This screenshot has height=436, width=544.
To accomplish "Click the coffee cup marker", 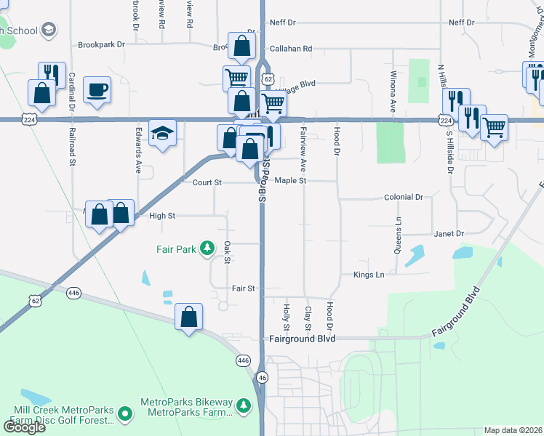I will [x=97, y=90].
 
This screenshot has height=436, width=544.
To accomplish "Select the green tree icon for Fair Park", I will [x=207, y=249].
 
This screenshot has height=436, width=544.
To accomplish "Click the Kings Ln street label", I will [x=369, y=275].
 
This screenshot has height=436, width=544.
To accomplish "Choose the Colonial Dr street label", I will [x=404, y=197].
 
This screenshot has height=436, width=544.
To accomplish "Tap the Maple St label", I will [x=291, y=180].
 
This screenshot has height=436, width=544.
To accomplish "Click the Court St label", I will [x=207, y=183].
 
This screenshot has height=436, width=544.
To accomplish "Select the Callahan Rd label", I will [x=291, y=49].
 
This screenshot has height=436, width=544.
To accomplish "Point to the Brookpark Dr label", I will [x=101, y=44].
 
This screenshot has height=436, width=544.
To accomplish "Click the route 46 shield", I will [x=262, y=377].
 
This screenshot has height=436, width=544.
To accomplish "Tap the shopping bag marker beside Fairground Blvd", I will [x=188, y=317].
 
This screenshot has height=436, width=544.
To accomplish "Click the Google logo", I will [x=24, y=427].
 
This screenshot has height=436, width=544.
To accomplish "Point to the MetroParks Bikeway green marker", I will [x=125, y=414].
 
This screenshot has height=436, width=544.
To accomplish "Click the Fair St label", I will [x=243, y=288].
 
